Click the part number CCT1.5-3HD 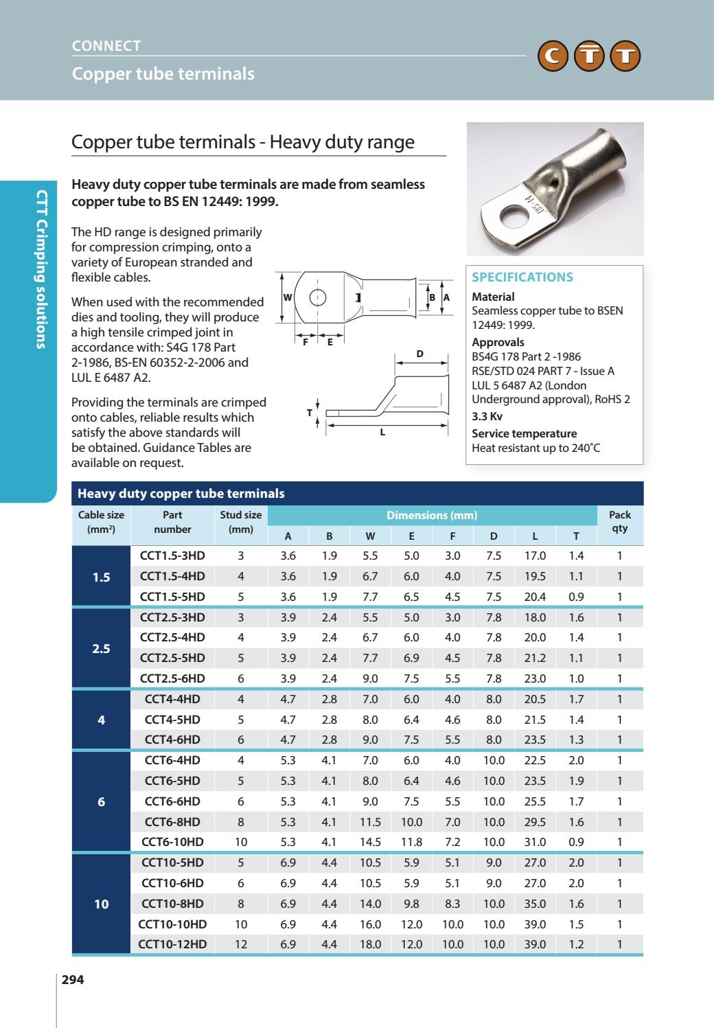172,556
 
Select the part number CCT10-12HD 172,944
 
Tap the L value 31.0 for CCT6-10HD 535,842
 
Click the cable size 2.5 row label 101,648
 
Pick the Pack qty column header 619,521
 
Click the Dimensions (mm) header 432,515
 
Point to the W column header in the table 370,536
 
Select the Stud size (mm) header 240,521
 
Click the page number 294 73,980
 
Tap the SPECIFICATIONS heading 522,277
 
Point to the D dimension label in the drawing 420,354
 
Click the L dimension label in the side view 382,433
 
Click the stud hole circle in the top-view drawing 317,298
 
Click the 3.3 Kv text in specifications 487,416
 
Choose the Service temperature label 524,433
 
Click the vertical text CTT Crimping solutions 41,269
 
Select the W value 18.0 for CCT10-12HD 370,944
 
